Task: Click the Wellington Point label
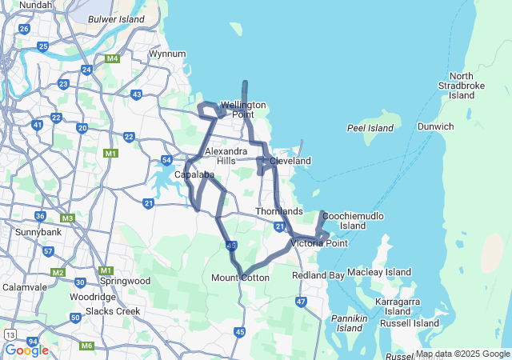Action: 243,110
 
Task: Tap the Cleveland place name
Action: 290,161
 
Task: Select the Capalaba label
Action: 194,174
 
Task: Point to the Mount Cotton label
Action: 240,278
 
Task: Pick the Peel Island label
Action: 370,128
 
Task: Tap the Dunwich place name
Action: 435,126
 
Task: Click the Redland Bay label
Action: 318,275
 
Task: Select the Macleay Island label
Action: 379,272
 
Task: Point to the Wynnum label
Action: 167,54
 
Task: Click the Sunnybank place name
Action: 34,232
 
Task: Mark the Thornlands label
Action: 279,211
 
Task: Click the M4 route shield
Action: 112,58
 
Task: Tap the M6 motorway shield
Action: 87,346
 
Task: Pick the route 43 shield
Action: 137,94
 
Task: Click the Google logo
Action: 26,350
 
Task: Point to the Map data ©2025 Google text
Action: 462,354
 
